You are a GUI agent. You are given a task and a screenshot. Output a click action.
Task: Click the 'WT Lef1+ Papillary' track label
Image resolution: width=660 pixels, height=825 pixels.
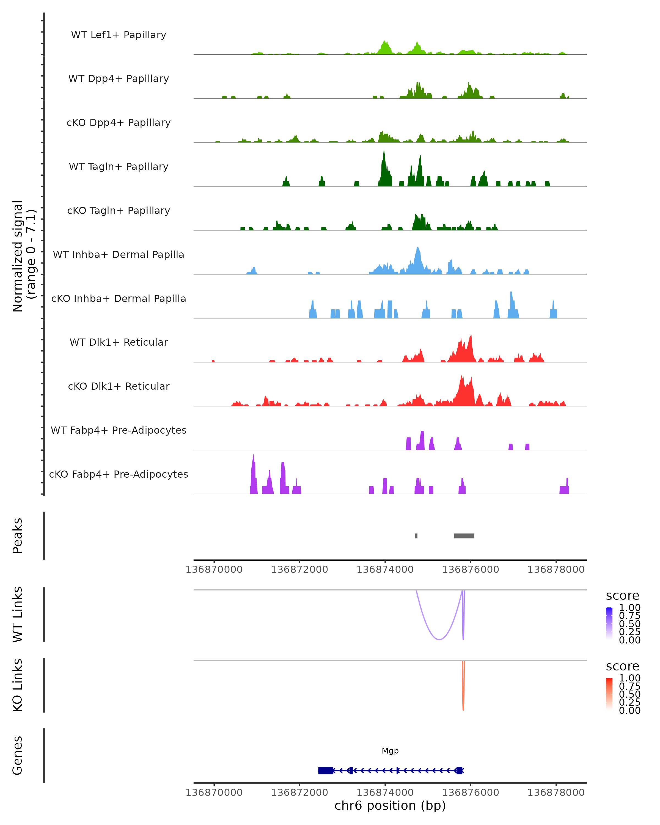119,35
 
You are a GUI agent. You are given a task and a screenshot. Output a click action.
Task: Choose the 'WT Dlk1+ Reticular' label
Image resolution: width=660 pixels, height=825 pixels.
119,342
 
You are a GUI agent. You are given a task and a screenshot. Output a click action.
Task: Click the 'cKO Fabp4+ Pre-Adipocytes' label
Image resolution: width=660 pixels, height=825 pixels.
119,474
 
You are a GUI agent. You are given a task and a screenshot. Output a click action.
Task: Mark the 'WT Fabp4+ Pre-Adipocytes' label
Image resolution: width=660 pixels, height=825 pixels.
119,430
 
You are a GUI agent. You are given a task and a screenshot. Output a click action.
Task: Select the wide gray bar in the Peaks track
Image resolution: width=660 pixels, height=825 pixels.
464,536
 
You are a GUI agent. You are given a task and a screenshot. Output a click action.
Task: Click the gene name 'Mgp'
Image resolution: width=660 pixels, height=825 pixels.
390,751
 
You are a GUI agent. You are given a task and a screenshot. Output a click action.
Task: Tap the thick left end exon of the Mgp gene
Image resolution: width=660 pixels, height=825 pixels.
325,770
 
